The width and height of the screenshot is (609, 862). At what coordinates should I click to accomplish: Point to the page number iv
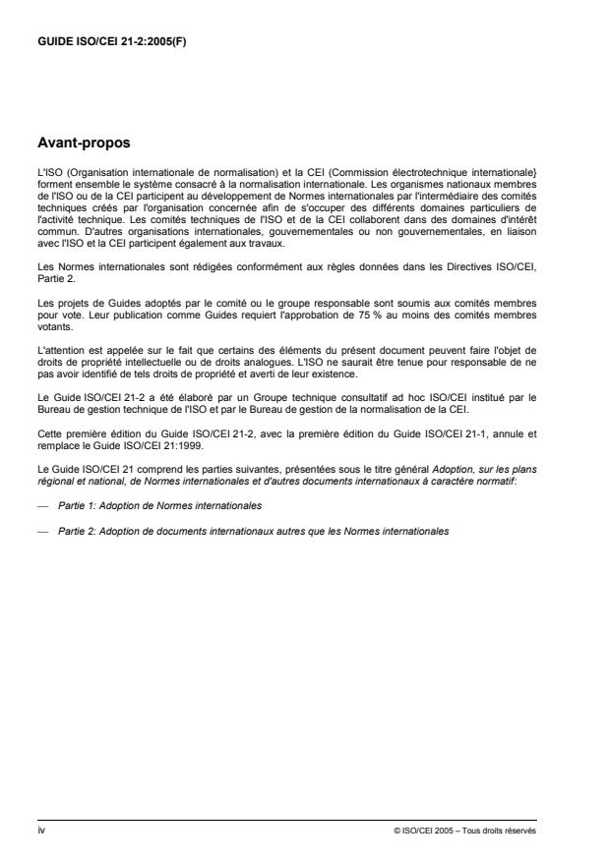(39, 829)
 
